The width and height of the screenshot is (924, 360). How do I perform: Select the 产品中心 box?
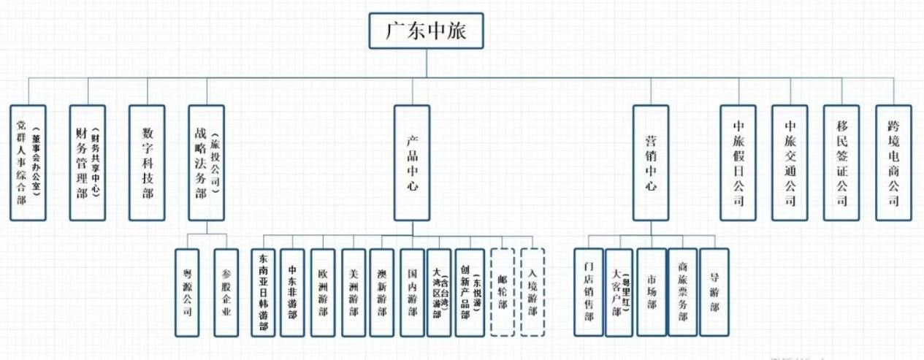pos(412,162)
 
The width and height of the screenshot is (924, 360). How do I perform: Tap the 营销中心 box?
pos(651,162)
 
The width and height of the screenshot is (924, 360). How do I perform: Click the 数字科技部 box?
pos(147,162)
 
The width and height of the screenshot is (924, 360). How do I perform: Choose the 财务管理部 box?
pos(88,162)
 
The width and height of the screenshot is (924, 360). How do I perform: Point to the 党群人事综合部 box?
pos(28,162)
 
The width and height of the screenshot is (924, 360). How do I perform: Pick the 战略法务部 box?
pos(206,162)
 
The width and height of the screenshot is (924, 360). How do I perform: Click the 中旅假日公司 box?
pos(738,162)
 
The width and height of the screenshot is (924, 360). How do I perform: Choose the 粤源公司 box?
pos(187,292)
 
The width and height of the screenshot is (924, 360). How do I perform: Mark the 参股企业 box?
pos(226,292)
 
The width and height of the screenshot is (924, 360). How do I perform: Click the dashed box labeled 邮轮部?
pos(503,292)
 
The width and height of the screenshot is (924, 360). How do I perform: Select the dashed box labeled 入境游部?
pos(532,292)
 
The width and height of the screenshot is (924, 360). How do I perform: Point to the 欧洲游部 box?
pos(323,292)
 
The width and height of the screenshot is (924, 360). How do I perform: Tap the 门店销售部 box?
pos(588,292)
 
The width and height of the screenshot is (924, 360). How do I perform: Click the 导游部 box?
pos(714,292)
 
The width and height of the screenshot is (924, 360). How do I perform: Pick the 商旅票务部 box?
pos(682,292)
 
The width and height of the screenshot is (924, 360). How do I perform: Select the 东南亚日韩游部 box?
pos(263,292)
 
